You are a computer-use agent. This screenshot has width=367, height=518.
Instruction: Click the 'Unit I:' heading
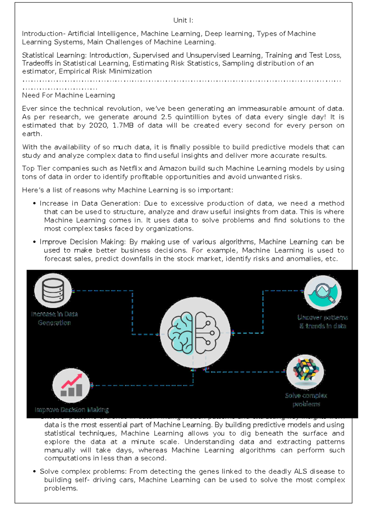pos(183,20)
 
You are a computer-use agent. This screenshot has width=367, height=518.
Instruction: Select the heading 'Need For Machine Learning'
pos(69,95)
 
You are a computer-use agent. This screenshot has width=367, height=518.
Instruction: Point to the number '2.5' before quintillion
pos(166,117)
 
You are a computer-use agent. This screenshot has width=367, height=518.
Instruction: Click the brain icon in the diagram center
pos(195,333)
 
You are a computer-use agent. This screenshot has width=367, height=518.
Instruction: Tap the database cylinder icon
pos(53,290)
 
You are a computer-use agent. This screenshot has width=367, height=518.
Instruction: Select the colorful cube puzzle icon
pos(305,371)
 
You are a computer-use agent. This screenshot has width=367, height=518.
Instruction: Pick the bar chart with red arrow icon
pos(71,385)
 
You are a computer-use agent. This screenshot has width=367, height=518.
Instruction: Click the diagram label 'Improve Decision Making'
pos(72,410)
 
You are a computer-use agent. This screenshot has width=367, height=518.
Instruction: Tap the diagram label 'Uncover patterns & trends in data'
pos(323,322)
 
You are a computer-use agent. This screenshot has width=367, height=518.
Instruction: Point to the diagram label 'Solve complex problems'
pos(306,399)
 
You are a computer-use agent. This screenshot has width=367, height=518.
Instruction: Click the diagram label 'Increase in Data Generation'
pos(54,318)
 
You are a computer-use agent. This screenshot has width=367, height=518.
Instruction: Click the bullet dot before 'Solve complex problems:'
pos(35,472)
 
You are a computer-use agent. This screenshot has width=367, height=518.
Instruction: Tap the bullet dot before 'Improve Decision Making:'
pos(35,242)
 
